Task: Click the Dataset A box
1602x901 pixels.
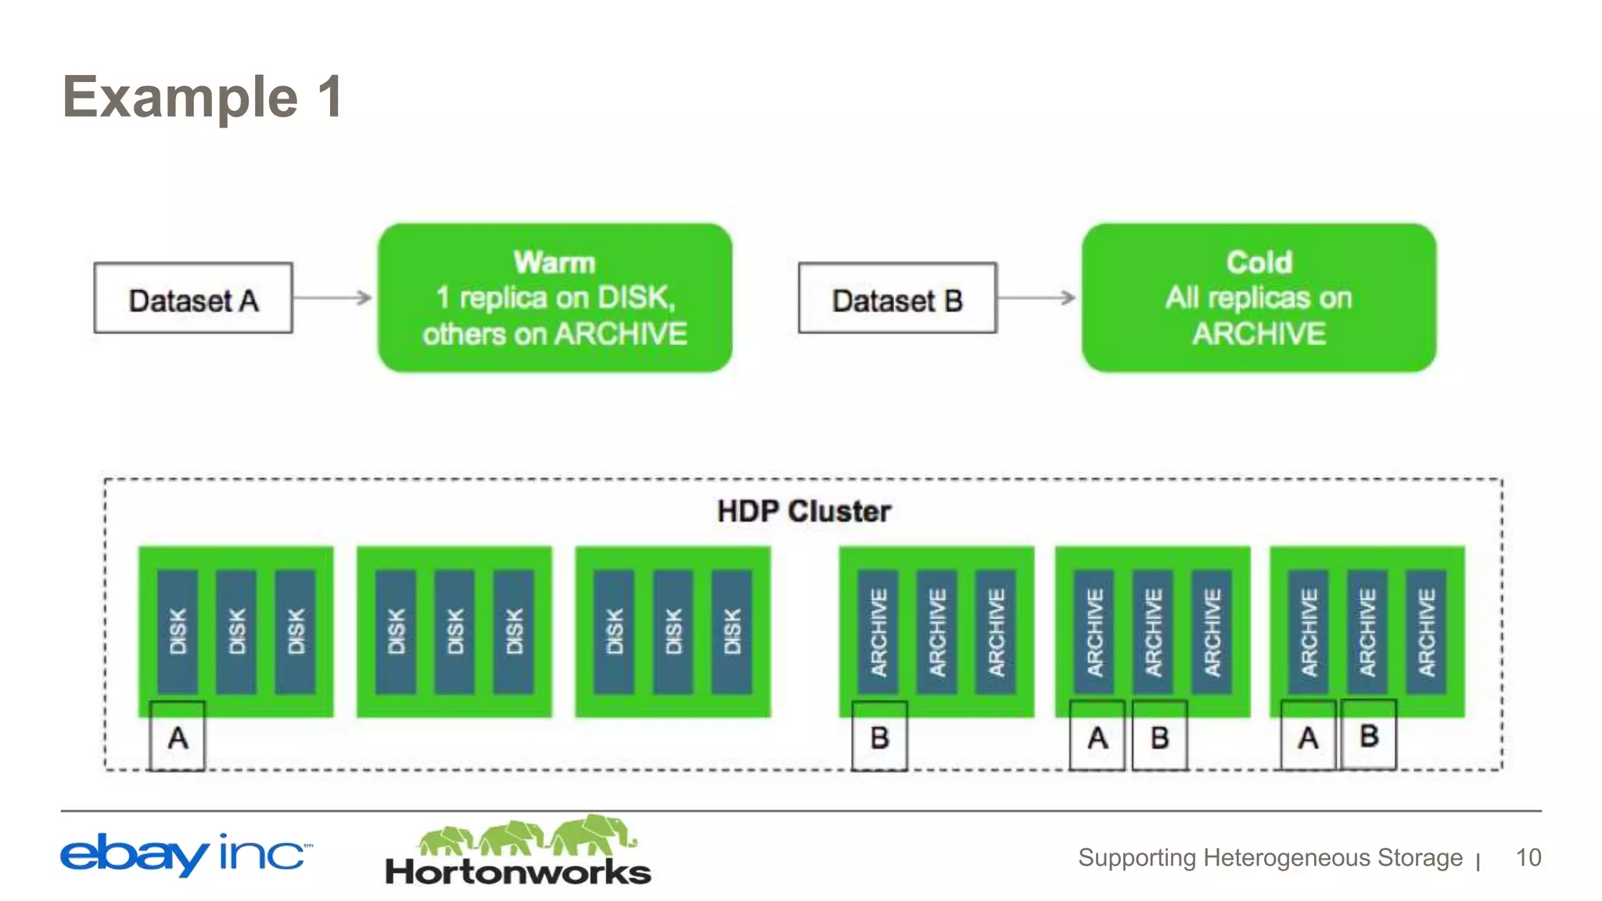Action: [x=193, y=298]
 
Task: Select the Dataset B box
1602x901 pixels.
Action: [x=897, y=298]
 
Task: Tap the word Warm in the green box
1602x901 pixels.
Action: [x=555, y=262]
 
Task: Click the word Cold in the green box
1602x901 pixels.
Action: [x=1259, y=262]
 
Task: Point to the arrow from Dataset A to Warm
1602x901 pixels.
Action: [x=333, y=297]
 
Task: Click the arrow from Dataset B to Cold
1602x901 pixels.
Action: [x=1037, y=297]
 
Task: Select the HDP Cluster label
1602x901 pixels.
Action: [x=803, y=512]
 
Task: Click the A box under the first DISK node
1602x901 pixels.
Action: [x=178, y=737]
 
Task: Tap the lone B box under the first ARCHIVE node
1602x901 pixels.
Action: [x=879, y=737]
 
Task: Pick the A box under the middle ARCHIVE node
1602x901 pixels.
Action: [x=1097, y=737]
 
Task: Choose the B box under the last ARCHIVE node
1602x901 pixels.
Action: [x=1369, y=735]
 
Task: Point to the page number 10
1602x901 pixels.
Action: [x=1528, y=857]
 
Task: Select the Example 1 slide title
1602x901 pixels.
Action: [x=203, y=97]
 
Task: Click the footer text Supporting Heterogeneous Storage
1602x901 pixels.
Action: [x=1270, y=857]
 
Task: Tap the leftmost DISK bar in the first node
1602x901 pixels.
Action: [x=178, y=631]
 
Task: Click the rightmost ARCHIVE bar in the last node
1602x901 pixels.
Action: [x=1426, y=631]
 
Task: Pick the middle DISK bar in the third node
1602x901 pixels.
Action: [x=673, y=631]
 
